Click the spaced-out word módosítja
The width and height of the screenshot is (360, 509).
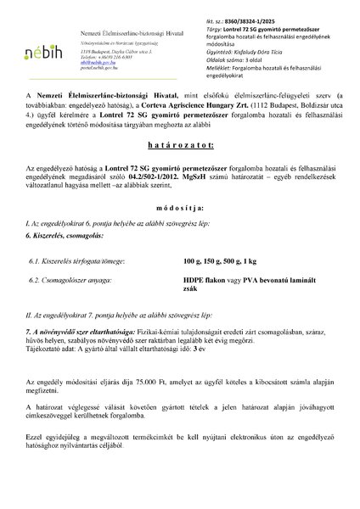[x=180, y=253]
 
